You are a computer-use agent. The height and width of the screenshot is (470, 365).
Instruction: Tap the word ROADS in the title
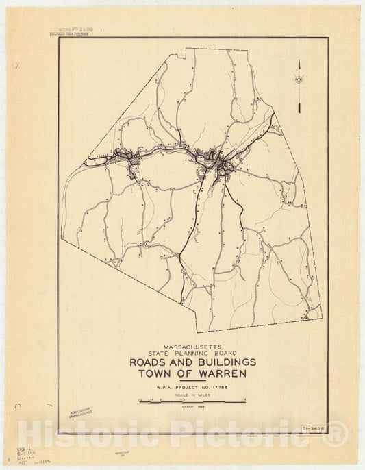(x=150, y=362)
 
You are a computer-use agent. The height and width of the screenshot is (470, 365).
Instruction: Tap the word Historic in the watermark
(x=90, y=434)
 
